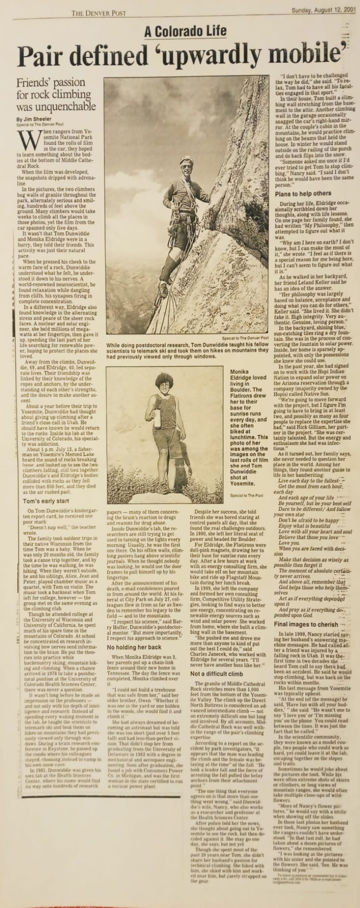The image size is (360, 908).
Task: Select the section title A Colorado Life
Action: [x=185, y=31]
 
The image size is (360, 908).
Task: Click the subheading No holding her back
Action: [x=135, y=647]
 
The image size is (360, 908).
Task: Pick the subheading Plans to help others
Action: [x=303, y=181]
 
